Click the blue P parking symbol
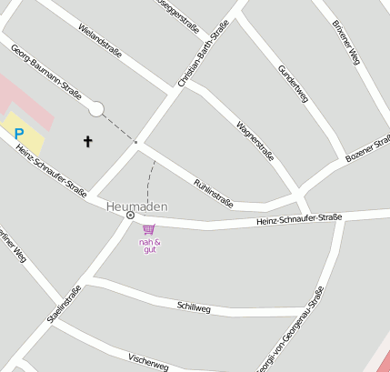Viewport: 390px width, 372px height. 18,134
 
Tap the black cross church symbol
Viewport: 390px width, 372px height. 88,141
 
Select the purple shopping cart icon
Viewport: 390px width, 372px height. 148,229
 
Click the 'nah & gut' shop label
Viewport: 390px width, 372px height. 150,245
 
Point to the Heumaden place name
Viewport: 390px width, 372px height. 136,206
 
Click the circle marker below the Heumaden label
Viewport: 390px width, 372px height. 130,216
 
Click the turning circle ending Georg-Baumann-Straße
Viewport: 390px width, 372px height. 95,109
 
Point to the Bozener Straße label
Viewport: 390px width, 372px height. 368,150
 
